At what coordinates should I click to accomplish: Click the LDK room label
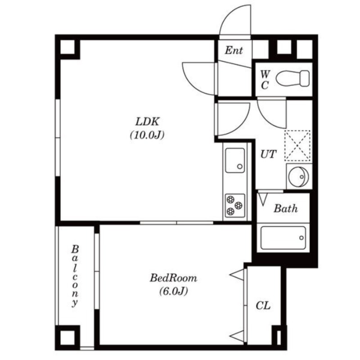(147, 121)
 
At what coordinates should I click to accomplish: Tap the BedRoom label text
(173, 278)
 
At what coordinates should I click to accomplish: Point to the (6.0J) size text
(174, 291)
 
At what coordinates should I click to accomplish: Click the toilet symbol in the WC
(292, 78)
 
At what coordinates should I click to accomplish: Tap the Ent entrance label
(234, 50)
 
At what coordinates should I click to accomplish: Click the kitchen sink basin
(235, 160)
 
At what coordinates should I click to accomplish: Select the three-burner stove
(235, 206)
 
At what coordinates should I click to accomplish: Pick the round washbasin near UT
(298, 177)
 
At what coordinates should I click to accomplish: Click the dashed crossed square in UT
(297, 145)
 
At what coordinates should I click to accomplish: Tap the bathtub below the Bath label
(283, 238)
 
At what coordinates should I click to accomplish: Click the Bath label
(285, 208)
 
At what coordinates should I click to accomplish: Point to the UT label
(268, 154)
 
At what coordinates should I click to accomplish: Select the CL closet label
(263, 306)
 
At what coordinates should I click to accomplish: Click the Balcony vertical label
(75, 276)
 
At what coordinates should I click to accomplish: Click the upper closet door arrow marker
(237, 274)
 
